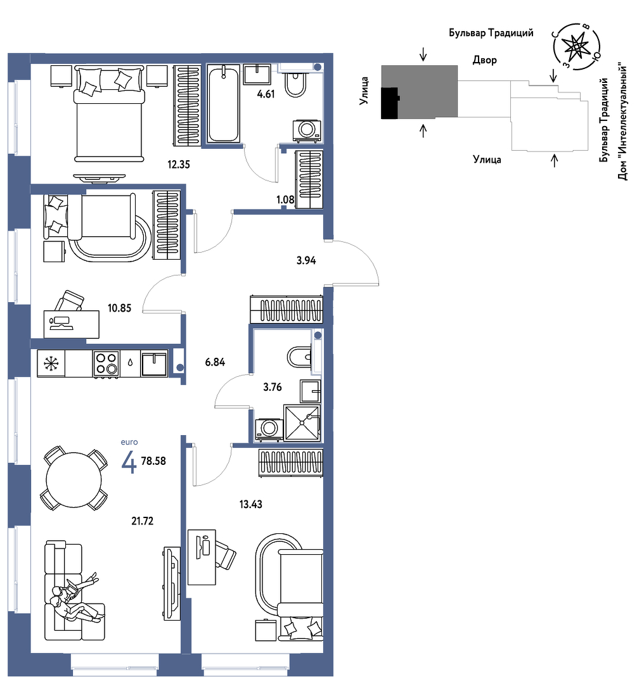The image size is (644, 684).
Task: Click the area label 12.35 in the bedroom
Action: click(x=179, y=165)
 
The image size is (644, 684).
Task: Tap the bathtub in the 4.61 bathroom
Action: click(x=224, y=103)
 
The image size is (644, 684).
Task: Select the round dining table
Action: click(x=74, y=479)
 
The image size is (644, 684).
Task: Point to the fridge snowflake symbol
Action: click(x=51, y=364)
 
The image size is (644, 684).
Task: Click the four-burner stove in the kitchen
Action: click(x=106, y=364)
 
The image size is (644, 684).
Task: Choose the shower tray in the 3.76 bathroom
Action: click(x=302, y=423)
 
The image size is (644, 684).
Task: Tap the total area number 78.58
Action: click(x=153, y=461)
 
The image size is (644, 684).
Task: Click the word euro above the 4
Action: click(x=129, y=442)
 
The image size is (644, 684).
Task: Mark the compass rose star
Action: click(x=576, y=46)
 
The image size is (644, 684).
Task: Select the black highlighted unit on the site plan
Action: click(x=389, y=103)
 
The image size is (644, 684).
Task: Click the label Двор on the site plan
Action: click(x=485, y=60)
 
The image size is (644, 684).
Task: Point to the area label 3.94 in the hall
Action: click(x=306, y=260)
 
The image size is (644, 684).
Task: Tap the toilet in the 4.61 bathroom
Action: click(x=297, y=84)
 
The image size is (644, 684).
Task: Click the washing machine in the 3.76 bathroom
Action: click(x=268, y=430)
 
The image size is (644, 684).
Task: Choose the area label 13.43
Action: click(x=250, y=504)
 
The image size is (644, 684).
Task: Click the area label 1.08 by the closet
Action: click(x=285, y=199)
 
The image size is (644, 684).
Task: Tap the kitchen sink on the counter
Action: click(x=153, y=364)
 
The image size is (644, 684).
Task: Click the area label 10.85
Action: click(x=119, y=308)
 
